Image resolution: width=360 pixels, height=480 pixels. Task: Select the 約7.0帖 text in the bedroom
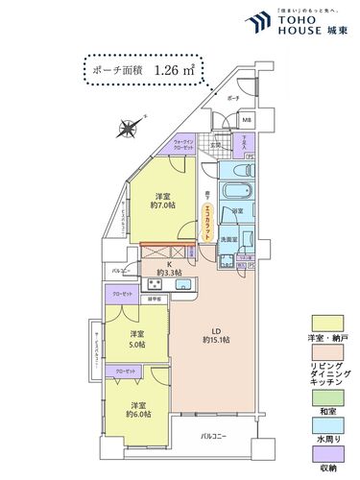(163, 203)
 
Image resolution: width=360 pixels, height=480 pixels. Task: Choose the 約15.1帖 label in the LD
(216, 339)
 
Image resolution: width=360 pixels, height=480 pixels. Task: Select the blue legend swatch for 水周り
(325, 422)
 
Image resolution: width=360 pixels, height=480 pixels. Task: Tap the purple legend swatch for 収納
(325, 454)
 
